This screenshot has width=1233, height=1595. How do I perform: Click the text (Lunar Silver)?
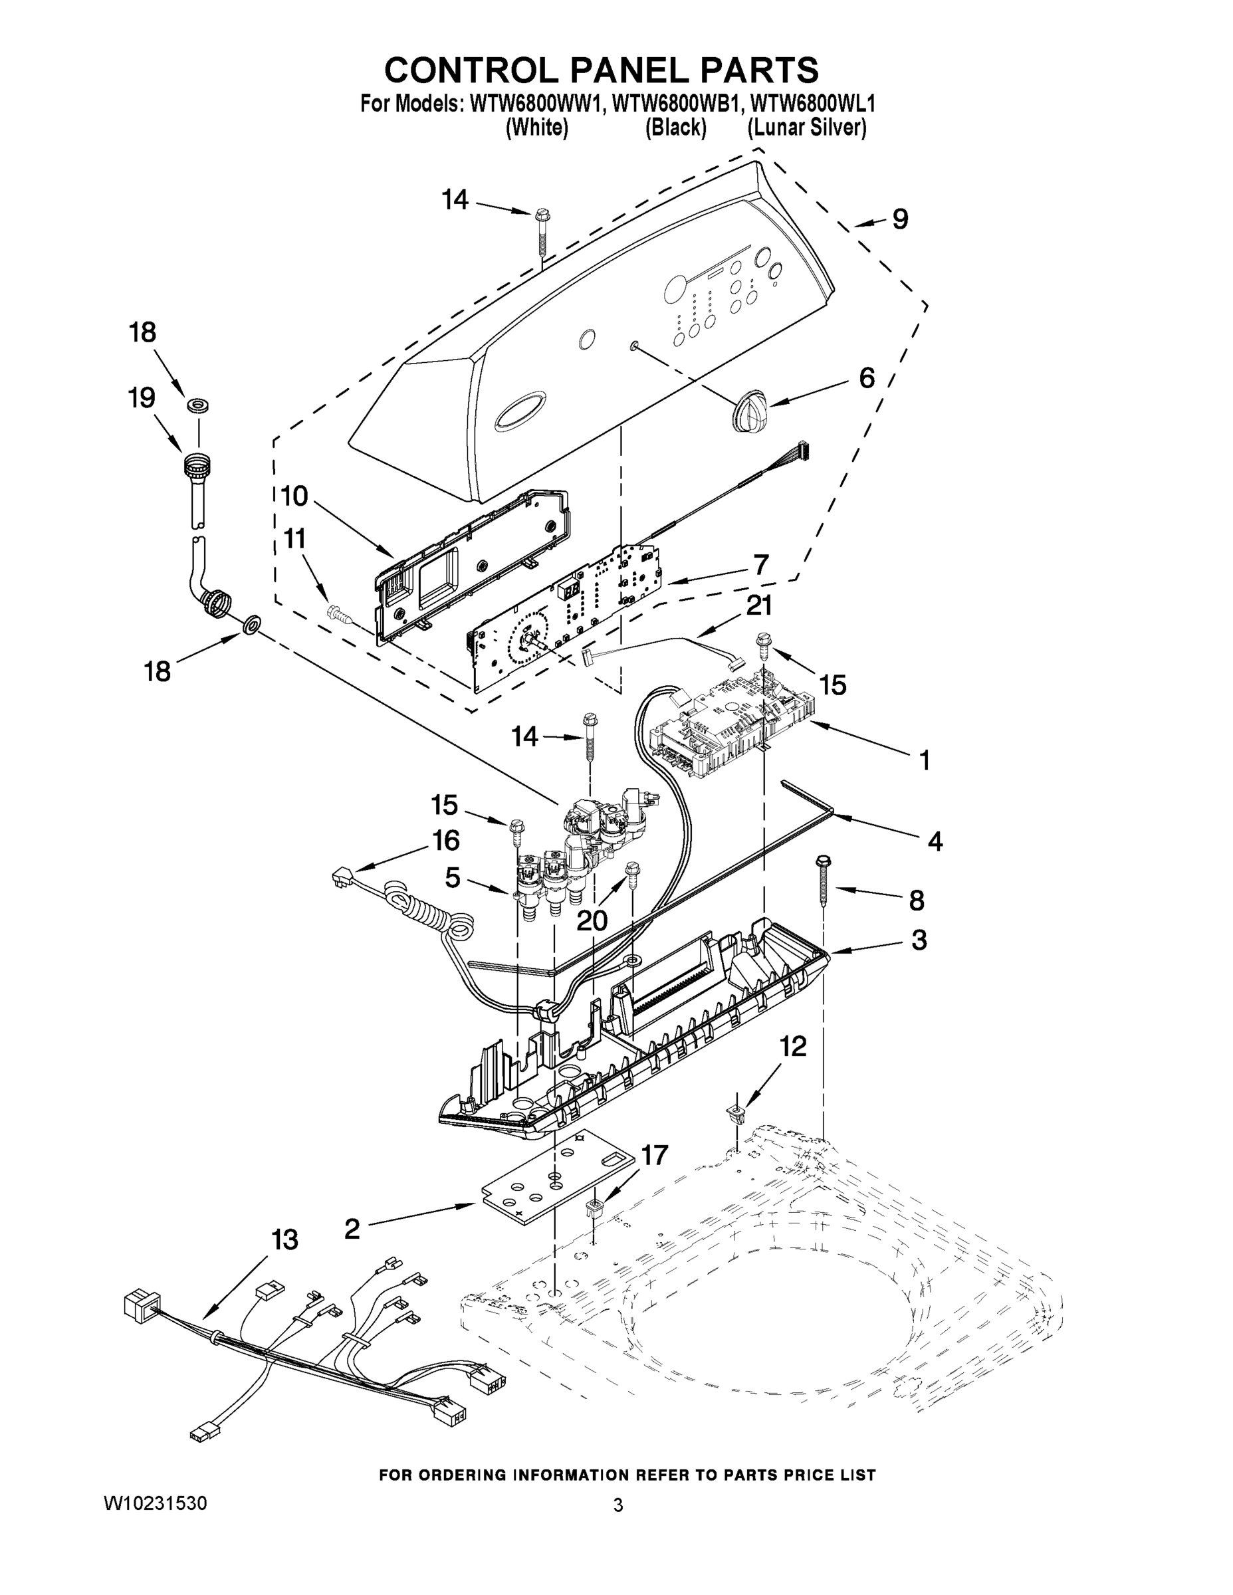point(806,128)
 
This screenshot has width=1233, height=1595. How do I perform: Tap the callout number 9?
point(900,219)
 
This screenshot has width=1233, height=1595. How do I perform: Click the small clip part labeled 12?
point(737,1115)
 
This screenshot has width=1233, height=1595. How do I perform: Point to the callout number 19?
point(142,398)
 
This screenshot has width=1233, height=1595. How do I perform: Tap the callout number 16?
point(445,840)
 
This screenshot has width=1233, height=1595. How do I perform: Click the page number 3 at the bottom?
point(618,1505)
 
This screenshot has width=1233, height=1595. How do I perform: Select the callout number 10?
point(295,496)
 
